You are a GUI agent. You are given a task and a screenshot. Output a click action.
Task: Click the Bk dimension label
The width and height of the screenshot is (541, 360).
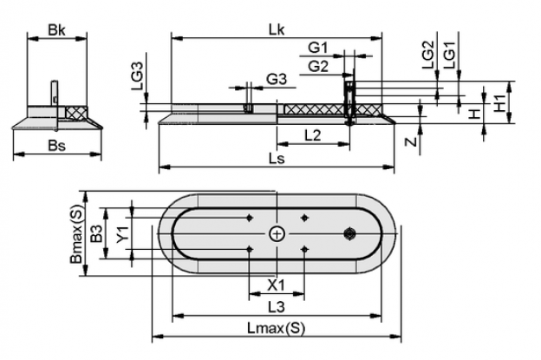point(56,30)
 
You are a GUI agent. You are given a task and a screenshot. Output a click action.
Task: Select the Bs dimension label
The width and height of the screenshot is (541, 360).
point(57,146)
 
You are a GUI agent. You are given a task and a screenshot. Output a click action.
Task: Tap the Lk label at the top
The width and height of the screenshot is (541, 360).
point(277,30)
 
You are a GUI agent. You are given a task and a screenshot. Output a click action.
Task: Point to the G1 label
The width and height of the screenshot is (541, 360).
point(318,48)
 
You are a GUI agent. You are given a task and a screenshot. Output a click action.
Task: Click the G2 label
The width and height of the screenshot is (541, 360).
point(318,66)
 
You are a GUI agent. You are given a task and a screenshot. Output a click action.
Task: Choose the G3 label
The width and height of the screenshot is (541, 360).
point(277,80)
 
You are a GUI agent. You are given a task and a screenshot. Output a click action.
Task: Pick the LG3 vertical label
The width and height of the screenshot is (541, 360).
point(137,76)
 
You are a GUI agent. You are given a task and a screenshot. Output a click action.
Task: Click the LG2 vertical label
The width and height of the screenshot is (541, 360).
point(427,55)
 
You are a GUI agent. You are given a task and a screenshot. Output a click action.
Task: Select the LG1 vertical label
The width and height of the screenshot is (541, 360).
point(450,55)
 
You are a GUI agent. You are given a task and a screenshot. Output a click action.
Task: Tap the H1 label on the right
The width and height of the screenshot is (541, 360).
point(499,103)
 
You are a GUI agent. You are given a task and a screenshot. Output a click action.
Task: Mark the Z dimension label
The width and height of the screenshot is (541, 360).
point(411,141)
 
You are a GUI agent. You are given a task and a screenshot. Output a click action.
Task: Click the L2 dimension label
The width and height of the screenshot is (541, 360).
point(313,135)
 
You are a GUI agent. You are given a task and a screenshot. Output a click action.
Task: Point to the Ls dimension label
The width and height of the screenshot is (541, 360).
point(277,159)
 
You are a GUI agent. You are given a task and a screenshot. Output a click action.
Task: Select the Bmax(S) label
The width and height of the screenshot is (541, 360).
point(76,234)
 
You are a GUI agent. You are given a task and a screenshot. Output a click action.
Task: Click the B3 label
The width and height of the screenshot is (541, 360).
point(96,233)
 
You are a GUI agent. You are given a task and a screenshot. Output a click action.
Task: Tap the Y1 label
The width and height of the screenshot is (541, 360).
point(122,234)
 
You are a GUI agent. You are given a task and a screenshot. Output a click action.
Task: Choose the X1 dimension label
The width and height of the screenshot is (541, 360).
point(277,285)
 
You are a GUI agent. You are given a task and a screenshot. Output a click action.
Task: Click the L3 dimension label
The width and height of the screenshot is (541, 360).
point(277,307)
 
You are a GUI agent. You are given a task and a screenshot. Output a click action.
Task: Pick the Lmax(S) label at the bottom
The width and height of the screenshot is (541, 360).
point(277,328)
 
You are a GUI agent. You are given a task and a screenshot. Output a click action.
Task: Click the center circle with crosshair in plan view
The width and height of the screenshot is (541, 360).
point(277,234)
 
